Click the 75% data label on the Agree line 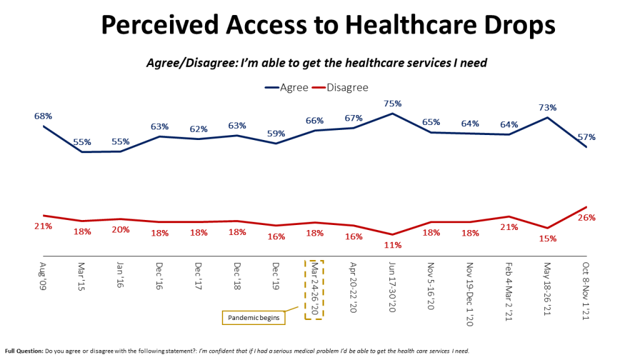(x=392, y=104)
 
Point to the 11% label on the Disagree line (x=393, y=245)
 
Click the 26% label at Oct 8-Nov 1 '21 (x=586, y=217)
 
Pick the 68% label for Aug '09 (x=43, y=116)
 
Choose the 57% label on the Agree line (x=586, y=137)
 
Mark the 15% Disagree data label (x=548, y=238)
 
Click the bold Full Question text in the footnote (x=24, y=351)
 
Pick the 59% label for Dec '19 (x=276, y=133)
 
